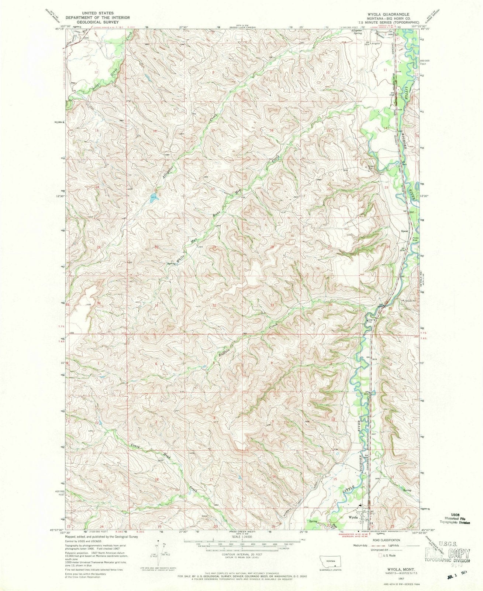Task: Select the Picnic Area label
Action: [x=415, y=239]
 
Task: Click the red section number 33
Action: [x=272, y=305]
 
